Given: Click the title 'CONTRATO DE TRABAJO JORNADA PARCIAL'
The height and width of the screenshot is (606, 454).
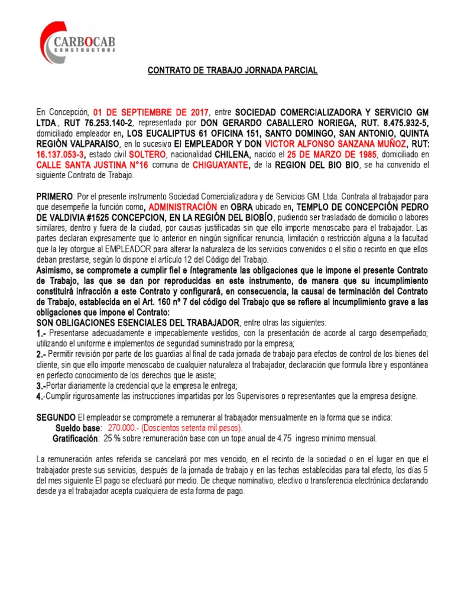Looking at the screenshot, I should point(232,70).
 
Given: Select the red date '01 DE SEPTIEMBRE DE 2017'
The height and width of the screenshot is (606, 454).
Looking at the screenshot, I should point(151,112).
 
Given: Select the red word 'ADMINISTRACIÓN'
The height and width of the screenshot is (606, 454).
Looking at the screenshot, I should point(183,208).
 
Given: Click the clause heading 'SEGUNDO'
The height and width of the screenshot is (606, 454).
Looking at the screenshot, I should point(56,417).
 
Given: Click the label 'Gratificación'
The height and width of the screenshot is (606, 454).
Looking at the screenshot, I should point(75,439).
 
